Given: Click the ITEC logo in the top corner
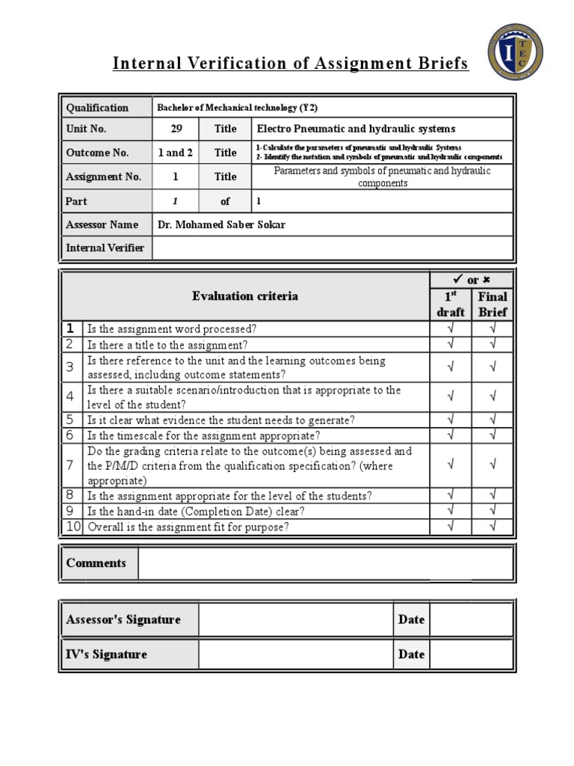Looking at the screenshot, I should click(x=515, y=52).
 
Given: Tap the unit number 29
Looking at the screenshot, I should click(x=176, y=129).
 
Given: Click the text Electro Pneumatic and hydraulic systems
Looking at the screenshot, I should click(x=356, y=129).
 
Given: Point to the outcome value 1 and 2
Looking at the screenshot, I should click(x=176, y=153).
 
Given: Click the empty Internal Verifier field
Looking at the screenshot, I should click(x=332, y=248).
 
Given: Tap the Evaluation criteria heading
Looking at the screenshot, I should click(x=244, y=295).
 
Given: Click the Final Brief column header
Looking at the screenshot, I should click(x=493, y=304).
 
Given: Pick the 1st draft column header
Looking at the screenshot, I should click(x=450, y=304).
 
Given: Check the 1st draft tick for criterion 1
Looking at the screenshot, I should click(x=450, y=328).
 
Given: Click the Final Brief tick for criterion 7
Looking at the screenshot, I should click(x=493, y=465).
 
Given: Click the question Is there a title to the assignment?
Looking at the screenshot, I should click(x=167, y=345).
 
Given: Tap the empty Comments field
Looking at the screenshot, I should click(x=325, y=563).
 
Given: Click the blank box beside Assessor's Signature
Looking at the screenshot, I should click(x=295, y=619).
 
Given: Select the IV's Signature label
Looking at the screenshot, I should click(x=106, y=655).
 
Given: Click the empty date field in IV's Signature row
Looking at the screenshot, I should click(x=471, y=655).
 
